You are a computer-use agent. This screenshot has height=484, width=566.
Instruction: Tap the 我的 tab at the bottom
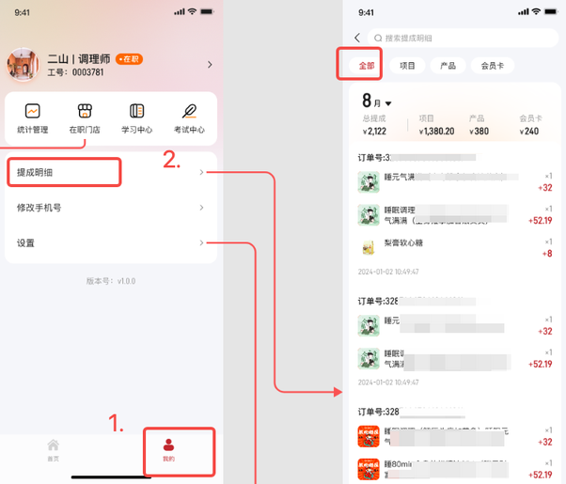(x=168, y=448)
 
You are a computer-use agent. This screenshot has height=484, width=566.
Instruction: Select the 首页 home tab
(x=54, y=449)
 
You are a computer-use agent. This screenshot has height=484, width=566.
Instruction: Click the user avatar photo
(x=23, y=65)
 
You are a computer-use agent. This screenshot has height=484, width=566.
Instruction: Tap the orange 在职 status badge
(x=129, y=58)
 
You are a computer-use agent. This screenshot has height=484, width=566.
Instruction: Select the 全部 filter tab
(x=359, y=66)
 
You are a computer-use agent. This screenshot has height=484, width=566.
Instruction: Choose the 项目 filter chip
(x=407, y=66)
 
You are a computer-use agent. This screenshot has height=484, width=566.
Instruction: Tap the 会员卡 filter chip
(x=493, y=66)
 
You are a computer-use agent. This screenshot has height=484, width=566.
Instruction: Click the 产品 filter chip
(x=448, y=66)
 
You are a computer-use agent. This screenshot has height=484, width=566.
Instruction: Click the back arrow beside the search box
(x=357, y=38)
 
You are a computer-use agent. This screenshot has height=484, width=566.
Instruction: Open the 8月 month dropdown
(x=377, y=101)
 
